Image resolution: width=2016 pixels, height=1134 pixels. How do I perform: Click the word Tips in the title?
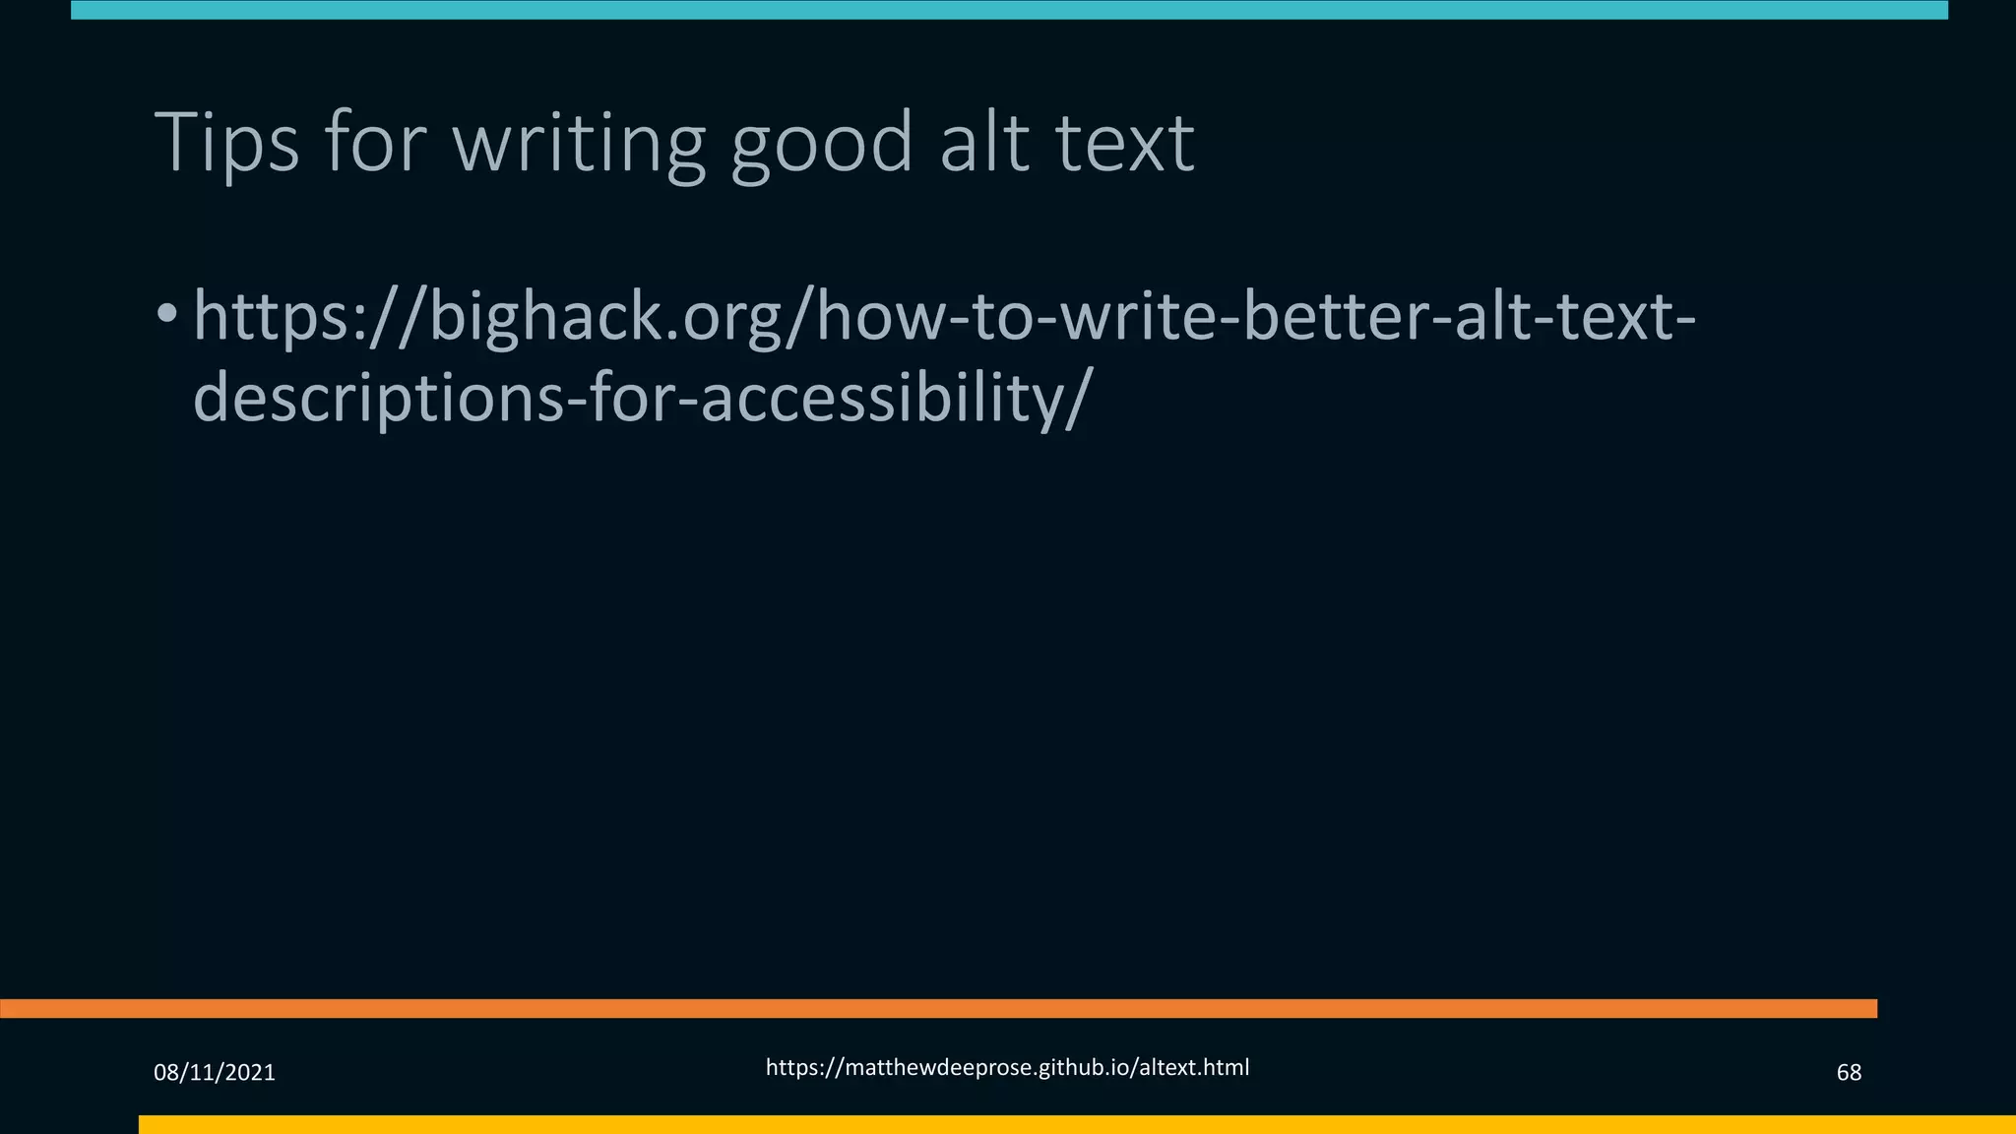[226, 144]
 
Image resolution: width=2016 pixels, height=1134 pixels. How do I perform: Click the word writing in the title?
[579, 144]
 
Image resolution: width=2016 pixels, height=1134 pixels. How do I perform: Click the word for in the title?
[375, 144]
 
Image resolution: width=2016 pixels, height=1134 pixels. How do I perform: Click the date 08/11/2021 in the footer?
[215, 1072]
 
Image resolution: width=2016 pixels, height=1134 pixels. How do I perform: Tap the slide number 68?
[1849, 1072]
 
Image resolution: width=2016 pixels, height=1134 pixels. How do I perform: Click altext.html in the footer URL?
[1193, 1068]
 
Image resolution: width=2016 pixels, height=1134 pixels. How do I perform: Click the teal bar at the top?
[1008, 10]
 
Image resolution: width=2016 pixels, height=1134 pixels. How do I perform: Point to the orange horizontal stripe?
[935, 1008]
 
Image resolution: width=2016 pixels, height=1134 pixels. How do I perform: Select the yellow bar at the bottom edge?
[1073, 1124]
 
